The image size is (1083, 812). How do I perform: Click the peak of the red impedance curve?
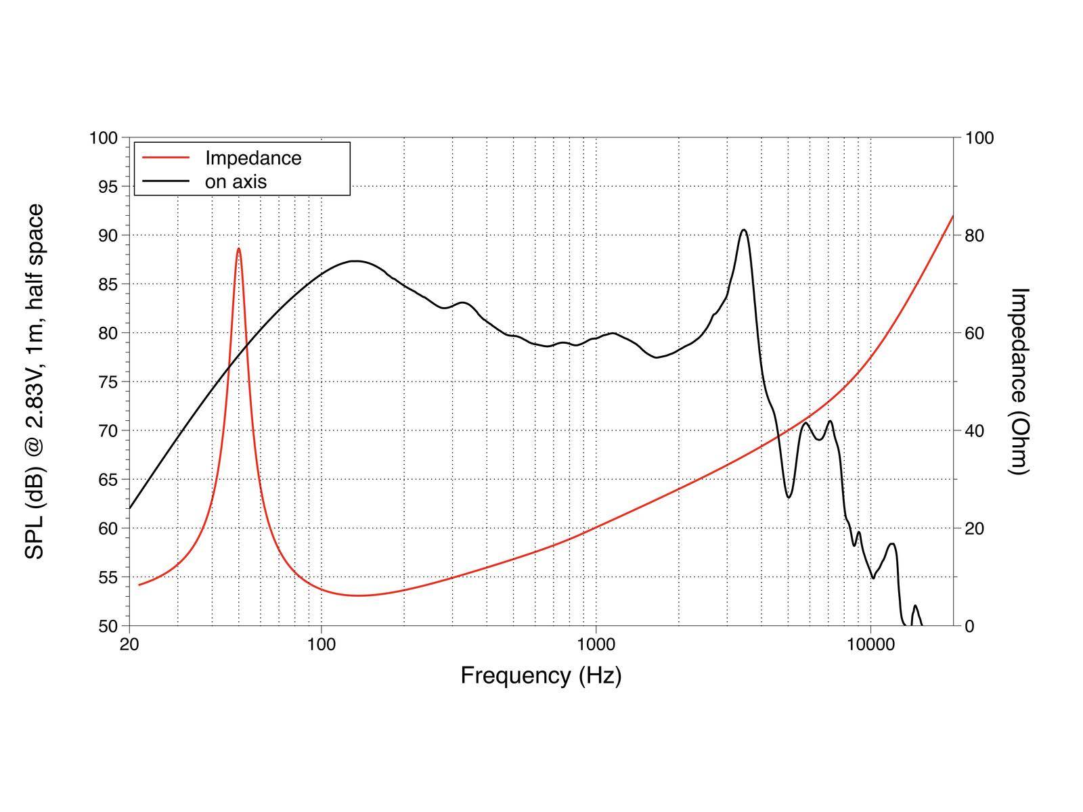(x=238, y=249)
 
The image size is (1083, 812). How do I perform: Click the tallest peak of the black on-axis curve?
(x=744, y=230)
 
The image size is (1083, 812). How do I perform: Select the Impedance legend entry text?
(x=252, y=158)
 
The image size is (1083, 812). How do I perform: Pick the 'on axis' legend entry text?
(x=236, y=181)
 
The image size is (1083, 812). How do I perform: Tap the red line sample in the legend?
(x=165, y=158)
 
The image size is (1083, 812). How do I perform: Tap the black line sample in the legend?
(x=165, y=181)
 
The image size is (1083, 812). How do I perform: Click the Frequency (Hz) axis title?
(x=541, y=675)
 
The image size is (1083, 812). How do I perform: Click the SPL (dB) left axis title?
(x=35, y=381)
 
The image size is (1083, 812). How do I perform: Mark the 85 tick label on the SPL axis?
(x=104, y=284)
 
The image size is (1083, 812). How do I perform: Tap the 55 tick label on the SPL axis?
(x=104, y=577)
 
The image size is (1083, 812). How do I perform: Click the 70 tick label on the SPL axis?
(x=104, y=430)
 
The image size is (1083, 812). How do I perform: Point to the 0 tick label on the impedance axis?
(x=969, y=626)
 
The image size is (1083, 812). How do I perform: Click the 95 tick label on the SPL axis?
(x=104, y=187)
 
